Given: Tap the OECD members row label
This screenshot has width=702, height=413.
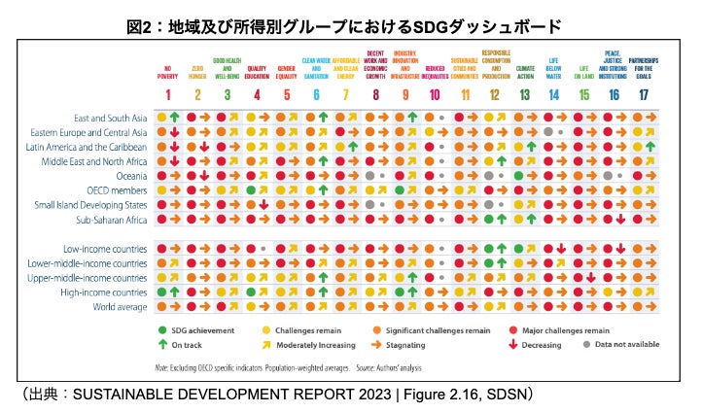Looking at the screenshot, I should click(116, 189).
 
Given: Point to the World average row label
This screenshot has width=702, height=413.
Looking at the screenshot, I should click(120, 306).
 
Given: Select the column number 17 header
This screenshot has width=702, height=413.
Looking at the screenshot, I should click(643, 94).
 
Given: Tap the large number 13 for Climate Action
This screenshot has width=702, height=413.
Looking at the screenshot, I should click(524, 94).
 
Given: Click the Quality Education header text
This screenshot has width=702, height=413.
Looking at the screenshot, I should click(256, 71).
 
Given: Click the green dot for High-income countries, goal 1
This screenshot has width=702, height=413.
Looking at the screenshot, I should click(162, 292).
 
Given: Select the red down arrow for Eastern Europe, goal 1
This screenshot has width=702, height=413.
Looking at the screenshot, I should click(173, 131).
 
